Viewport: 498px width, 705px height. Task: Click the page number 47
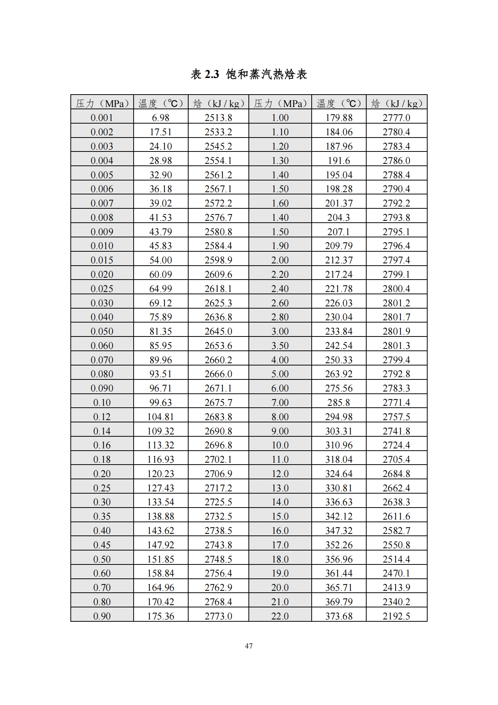click(249, 646)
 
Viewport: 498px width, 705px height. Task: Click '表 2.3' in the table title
click(205, 74)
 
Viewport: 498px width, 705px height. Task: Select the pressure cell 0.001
click(102, 118)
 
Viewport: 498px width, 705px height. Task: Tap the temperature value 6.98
click(161, 118)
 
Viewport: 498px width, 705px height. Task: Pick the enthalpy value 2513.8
click(218, 118)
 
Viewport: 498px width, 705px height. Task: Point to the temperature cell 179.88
click(339, 118)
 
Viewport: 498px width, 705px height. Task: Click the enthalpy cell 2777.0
click(396, 118)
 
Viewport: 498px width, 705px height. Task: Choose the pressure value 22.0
click(280, 616)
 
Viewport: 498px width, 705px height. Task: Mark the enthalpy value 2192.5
click(396, 616)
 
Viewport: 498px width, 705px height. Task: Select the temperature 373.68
click(339, 616)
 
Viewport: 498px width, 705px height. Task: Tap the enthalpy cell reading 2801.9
click(396, 332)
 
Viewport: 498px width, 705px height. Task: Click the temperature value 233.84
click(339, 332)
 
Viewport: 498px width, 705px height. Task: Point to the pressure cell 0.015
click(102, 260)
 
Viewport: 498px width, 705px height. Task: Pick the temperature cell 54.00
click(161, 260)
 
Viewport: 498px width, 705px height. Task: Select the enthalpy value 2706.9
click(218, 474)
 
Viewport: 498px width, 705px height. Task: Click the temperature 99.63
click(161, 403)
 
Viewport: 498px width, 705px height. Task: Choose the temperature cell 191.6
click(339, 161)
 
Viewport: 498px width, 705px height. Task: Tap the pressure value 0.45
click(102, 545)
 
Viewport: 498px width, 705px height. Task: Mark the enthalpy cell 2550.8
click(396, 545)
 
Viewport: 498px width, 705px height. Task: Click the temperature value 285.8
click(339, 403)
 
